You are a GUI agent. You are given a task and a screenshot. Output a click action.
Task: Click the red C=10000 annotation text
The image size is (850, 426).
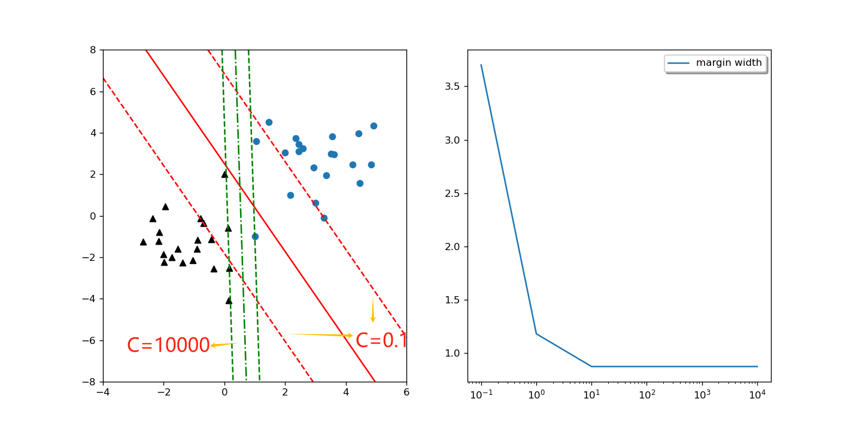pyautogui.click(x=168, y=345)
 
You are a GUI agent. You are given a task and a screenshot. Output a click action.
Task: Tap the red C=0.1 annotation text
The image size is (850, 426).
pyautogui.click(x=381, y=340)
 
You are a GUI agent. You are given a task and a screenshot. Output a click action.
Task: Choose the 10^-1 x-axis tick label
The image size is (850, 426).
pyautogui.click(x=481, y=395)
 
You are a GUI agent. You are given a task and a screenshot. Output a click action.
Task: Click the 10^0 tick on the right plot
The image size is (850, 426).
pyautogui.click(x=536, y=395)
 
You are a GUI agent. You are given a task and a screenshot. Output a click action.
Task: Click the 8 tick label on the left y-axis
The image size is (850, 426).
pyautogui.click(x=93, y=50)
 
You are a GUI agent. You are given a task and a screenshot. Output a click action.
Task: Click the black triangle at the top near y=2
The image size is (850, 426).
pyautogui.click(x=224, y=174)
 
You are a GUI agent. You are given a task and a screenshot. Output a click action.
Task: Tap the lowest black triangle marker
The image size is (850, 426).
pyautogui.click(x=229, y=300)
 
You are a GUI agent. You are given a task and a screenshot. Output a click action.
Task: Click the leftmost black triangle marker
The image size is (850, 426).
pyautogui.click(x=143, y=242)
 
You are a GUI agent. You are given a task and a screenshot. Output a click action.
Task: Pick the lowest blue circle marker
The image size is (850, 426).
pyautogui.click(x=255, y=236)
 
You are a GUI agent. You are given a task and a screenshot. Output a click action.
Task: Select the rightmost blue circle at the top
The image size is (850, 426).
pyautogui.click(x=374, y=126)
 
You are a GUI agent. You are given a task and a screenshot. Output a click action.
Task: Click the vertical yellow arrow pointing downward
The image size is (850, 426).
pyautogui.click(x=372, y=309)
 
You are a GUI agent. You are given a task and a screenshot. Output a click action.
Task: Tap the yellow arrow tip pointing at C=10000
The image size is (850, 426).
pyautogui.click(x=212, y=345)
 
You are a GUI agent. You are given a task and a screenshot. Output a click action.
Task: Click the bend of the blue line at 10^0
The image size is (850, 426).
pyautogui.click(x=536, y=333)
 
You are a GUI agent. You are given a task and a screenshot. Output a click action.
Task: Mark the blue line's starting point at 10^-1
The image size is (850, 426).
pyautogui.click(x=481, y=65)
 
